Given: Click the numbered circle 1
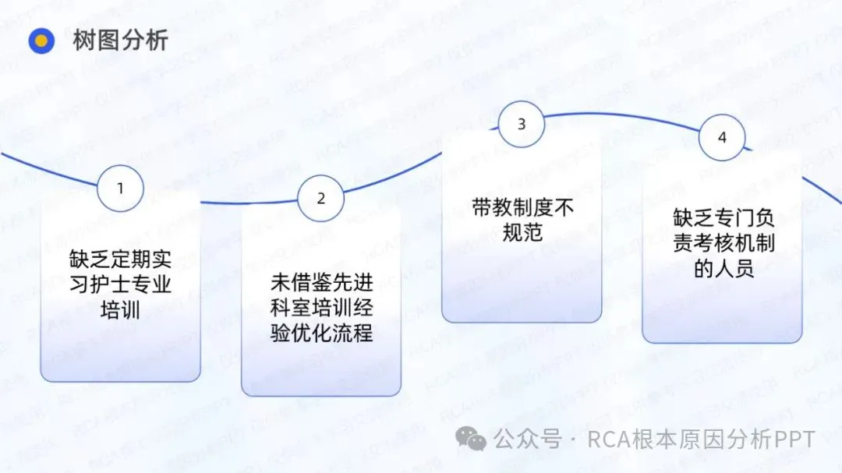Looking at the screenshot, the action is click(120, 188).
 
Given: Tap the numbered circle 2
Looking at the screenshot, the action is click(320, 198).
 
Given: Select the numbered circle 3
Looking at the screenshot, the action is click(522, 124).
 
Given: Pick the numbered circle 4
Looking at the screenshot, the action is click(722, 137).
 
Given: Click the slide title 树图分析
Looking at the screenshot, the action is click(120, 40).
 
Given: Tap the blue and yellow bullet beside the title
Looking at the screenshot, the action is click(41, 41).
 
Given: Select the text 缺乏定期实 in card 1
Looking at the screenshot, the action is click(120, 257).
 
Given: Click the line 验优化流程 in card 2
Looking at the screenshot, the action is click(320, 334).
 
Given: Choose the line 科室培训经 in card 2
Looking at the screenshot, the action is click(320, 308).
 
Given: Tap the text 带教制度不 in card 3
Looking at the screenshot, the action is click(522, 207).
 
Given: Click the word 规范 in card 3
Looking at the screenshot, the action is click(522, 233).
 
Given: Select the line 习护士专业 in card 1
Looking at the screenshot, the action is click(120, 283).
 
